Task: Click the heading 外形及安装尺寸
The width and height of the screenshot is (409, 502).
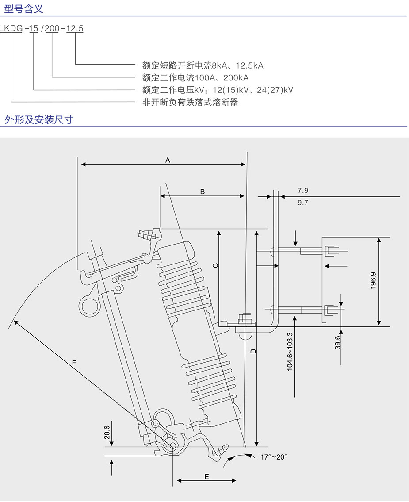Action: point(38,119)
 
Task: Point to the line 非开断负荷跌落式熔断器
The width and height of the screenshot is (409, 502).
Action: point(190,102)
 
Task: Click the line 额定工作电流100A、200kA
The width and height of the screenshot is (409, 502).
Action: point(195,78)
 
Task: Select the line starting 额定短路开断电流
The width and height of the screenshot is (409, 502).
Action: point(203,66)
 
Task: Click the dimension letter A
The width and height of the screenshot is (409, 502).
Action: point(168,160)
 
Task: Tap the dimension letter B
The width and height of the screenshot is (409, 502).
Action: point(203,192)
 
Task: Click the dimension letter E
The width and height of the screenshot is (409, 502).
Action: point(206,476)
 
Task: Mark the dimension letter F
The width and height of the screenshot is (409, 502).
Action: point(74,363)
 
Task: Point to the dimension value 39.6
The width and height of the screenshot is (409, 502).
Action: point(338,343)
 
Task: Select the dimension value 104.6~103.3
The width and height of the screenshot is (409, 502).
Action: point(290,352)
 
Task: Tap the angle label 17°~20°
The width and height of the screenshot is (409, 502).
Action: point(274,457)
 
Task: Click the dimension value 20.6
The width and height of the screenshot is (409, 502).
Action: point(107,432)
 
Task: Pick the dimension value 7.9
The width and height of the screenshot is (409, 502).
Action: point(302,191)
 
